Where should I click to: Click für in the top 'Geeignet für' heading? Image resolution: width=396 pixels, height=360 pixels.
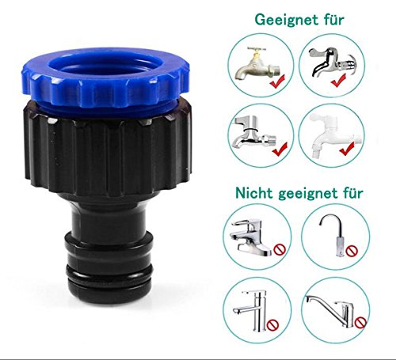[328, 18]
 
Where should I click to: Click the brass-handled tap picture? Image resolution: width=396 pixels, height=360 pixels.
[254, 63]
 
